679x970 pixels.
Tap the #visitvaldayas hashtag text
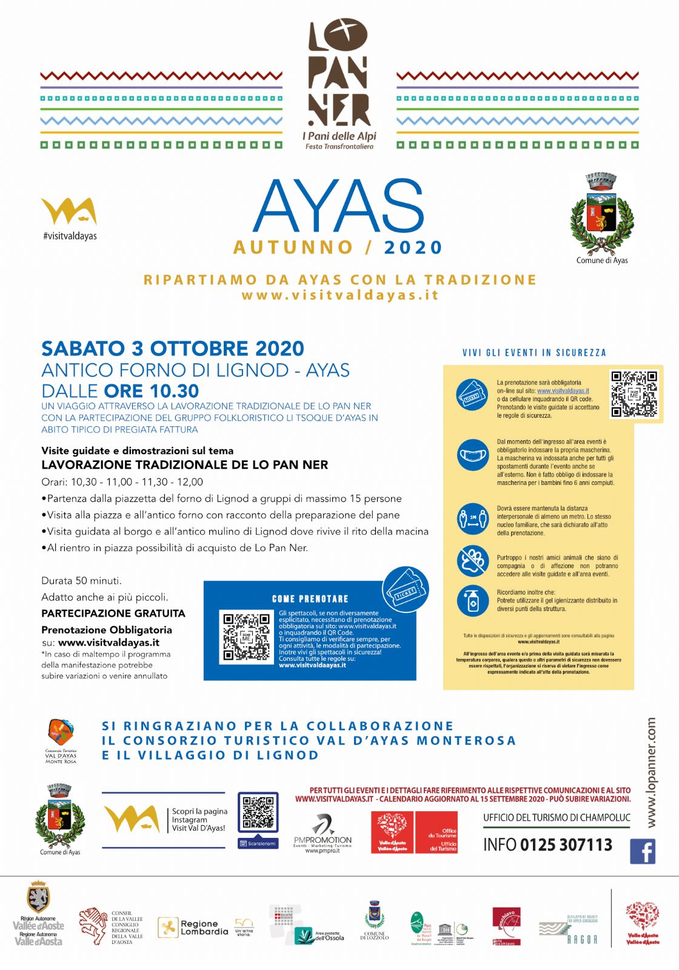coord(70,236)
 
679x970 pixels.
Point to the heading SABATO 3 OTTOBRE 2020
coord(173,349)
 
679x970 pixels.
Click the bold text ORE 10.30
coord(152,391)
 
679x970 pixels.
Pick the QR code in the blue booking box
coord(246,637)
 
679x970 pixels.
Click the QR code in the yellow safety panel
coord(634,393)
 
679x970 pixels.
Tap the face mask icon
coord(473,455)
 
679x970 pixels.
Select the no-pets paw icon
coord(473,560)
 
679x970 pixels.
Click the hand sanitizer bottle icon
coord(473,601)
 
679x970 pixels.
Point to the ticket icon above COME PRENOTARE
coord(406,589)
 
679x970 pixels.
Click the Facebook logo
coord(643,851)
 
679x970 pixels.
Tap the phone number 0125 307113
coord(566,845)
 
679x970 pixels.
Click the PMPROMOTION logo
coord(323,834)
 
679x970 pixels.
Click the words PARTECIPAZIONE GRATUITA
coord(113,614)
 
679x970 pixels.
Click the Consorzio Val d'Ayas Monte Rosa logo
coord(61,740)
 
